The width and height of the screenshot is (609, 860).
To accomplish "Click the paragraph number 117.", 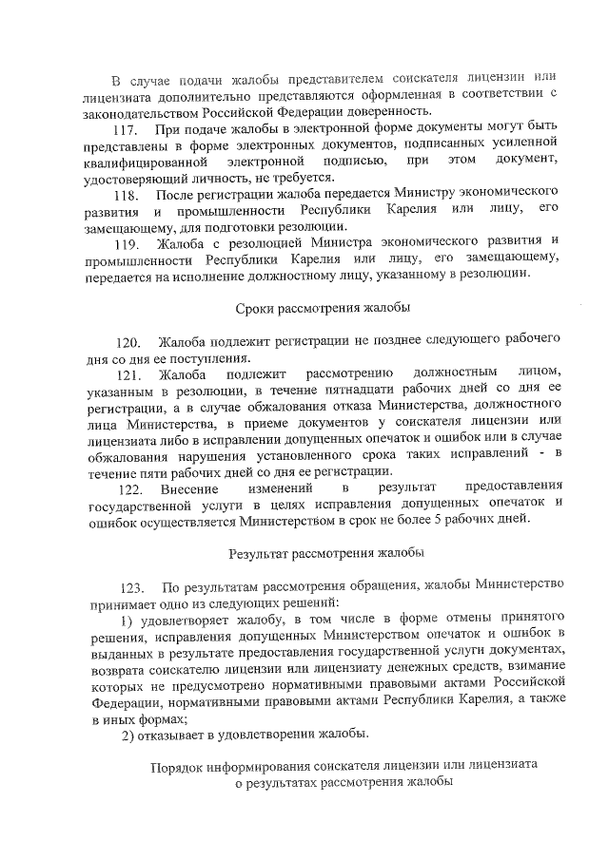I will [x=127, y=129].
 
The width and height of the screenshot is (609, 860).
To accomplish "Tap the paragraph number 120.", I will [x=128, y=341].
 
